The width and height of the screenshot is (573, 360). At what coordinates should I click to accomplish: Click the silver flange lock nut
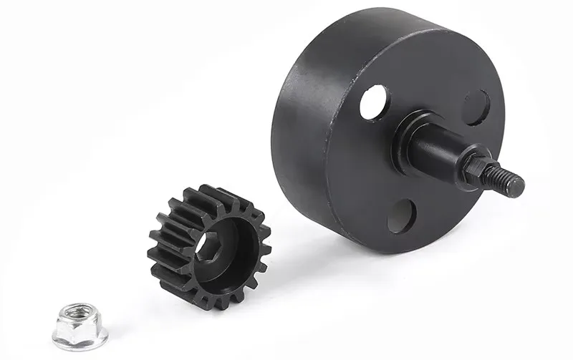click(x=80, y=326)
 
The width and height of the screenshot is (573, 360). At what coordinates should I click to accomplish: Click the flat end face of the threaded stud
click(x=518, y=186)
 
